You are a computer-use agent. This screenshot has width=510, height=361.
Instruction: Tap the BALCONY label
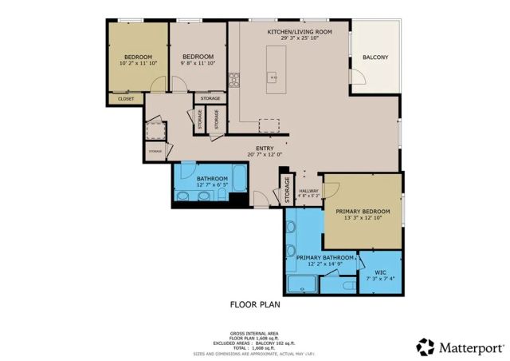pyautogui.click(x=375, y=58)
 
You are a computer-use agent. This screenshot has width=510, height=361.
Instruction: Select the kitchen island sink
pyautogui.click(x=272, y=77)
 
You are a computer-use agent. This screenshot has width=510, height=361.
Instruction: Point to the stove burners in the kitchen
pyautogui.click(x=235, y=78)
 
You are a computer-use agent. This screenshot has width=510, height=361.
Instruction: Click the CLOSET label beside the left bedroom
pyautogui.click(x=126, y=99)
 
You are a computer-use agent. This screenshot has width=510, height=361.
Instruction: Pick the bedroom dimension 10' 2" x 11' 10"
pyautogui.click(x=139, y=63)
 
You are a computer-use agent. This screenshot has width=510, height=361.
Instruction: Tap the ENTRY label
pyautogui.click(x=265, y=147)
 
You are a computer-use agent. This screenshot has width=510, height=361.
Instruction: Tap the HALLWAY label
pyautogui.click(x=308, y=191)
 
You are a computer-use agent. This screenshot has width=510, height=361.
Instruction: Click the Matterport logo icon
pyautogui.click(x=425, y=347)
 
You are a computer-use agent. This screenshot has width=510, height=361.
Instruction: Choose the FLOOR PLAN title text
pyautogui.click(x=255, y=304)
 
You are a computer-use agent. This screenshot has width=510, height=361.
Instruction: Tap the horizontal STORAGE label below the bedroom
pyautogui.click(x=210, y=98)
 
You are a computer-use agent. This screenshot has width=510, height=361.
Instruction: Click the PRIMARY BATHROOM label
pyautogui.click(x=324, y=258)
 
